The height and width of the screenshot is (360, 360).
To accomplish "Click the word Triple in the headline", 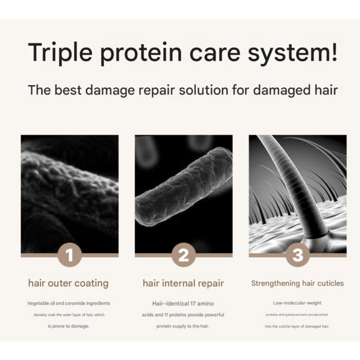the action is point(60,52).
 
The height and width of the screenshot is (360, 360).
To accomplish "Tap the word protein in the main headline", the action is point(141,53).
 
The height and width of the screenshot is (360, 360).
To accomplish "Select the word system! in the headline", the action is point(292,53).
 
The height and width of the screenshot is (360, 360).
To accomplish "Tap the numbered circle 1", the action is point(70,255).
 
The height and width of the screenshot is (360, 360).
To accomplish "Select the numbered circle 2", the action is point(184,255).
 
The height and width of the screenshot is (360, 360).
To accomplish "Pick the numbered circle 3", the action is point(298,255).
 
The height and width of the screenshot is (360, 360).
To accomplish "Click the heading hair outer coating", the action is point(68,283).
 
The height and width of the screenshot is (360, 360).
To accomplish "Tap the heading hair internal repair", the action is point(183,283).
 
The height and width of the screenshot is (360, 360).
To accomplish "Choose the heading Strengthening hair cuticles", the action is point(297,283).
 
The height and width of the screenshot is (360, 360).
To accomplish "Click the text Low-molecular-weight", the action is point(297,303).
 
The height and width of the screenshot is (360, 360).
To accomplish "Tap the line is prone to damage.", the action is point(69,326).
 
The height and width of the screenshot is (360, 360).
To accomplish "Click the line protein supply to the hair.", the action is point(183,326).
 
